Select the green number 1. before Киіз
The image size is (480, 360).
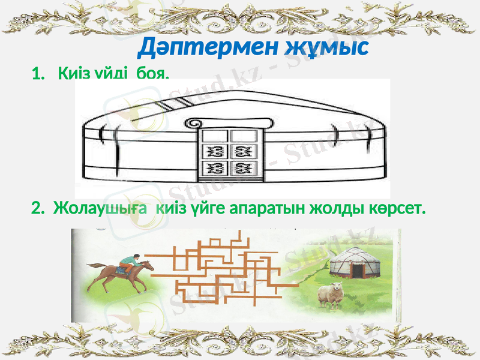[39, 74]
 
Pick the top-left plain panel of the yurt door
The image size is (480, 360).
[214, 136]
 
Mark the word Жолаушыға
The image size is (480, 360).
[101, 208]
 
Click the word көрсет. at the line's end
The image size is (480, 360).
[399, 208]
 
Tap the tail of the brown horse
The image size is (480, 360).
[95, 265]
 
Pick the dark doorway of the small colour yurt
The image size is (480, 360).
[358, 270]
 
